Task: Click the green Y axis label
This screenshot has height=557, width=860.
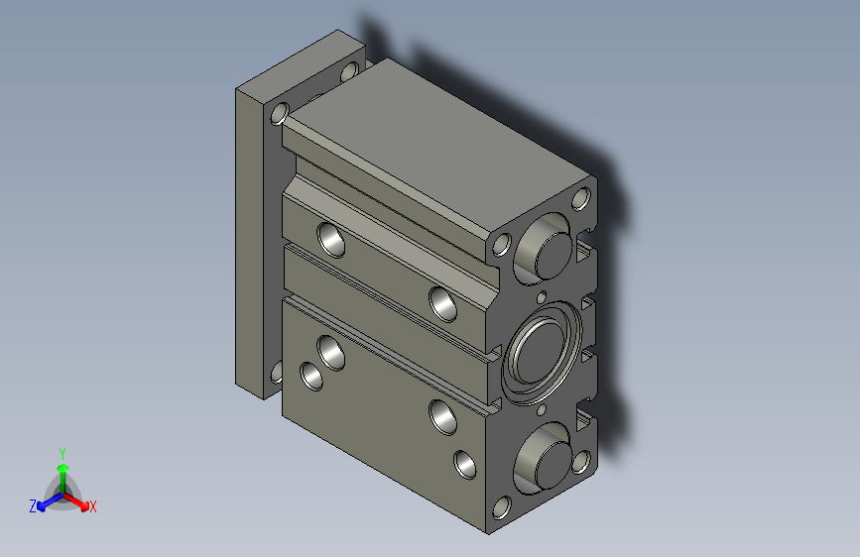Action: [x=62, y=453]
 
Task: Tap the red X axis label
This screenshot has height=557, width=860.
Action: [x=92, y=506]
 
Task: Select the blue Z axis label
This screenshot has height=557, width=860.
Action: [x=33, y=506]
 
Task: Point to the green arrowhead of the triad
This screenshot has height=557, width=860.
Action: [x=63, y=468]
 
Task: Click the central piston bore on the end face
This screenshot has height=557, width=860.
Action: [x=542, y=353]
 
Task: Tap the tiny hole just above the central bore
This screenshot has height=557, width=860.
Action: [x=542, y=297]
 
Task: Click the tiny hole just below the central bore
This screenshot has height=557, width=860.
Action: [x=542, y=410]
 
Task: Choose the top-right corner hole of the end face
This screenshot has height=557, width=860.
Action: [x=581, y=198]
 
